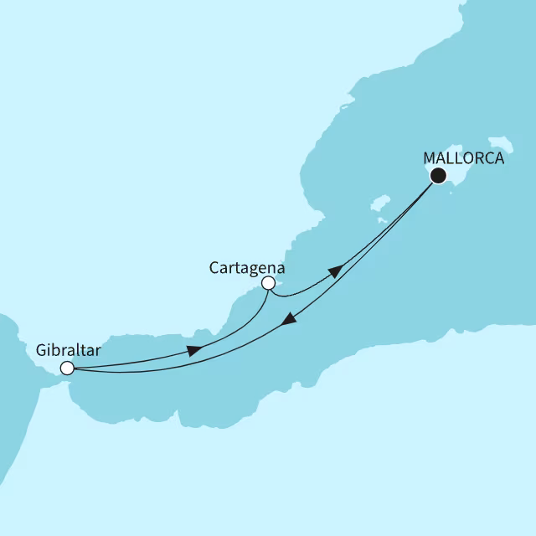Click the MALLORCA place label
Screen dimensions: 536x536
pos(464,157)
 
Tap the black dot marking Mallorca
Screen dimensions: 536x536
pos(437,176)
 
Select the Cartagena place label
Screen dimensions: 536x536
pos(247,268)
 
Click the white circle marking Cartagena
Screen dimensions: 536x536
pos(268,284)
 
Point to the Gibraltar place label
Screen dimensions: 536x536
pos(69,351)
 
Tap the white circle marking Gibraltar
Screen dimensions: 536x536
pos(67,368)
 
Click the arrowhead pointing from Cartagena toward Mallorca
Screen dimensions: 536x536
pos(335,271)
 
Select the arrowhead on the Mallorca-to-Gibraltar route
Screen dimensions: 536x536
pos(287,321)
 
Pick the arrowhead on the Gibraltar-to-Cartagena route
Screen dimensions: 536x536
pos(193,351)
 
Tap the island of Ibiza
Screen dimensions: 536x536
pos(379,205)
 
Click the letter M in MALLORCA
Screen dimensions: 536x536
pos(430,157)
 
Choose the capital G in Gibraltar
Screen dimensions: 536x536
pos(42,351)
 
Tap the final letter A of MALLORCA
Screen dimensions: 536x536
pos(499,157)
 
